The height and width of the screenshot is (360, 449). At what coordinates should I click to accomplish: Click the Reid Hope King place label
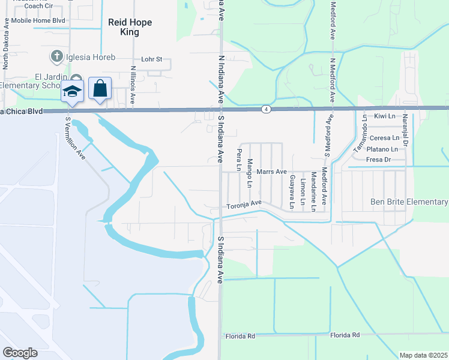coord(130,27)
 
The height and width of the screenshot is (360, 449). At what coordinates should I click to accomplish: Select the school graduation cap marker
coord(72,91)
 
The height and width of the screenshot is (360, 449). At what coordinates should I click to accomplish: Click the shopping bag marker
coord(100,89)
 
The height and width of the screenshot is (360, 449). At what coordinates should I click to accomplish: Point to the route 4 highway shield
coord(265,109)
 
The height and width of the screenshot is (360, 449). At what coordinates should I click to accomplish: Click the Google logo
coord(20,353)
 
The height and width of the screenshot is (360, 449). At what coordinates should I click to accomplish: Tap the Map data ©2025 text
coord(423,355)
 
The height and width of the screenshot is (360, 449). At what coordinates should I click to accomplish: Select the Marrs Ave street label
coord(271,172)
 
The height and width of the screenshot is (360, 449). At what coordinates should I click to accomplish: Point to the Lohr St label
coord(152,59)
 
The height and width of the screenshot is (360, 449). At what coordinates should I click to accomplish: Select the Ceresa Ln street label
coord(384,137)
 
